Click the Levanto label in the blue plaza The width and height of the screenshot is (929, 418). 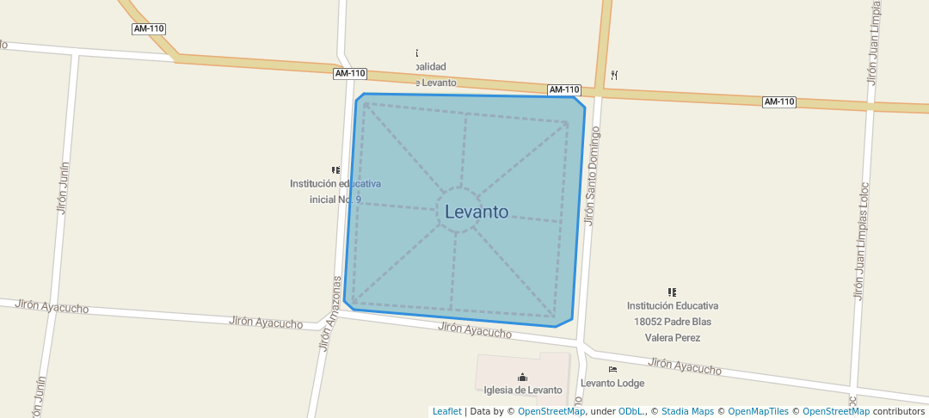pos(477,212)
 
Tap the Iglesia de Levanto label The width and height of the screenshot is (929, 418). pos(522,390)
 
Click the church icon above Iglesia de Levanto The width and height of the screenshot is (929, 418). pos(522,377)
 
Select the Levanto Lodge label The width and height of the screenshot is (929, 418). pos(612,383)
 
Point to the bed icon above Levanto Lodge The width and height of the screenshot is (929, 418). pos(612,369)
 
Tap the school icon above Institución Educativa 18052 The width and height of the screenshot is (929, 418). pos(672,292)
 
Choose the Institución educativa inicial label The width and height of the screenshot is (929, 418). pos(335,191)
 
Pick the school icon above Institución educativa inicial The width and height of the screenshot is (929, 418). pos(335,170)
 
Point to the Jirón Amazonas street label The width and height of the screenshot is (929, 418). pos(330,313)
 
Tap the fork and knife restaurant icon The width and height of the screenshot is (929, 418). pos(614,75)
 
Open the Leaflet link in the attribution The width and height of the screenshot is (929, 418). pos(446,411)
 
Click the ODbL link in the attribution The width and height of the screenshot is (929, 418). pos(632,411)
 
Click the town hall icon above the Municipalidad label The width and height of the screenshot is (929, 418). pos(417,53)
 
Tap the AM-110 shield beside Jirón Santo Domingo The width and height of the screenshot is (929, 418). pos(564,89)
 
